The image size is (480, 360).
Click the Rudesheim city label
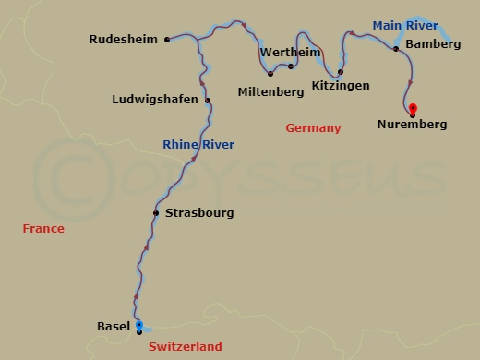click(124, 40)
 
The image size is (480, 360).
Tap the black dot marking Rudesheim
click(166, 40)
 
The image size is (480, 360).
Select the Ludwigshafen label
click(155, 100)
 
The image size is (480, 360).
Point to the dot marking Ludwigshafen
click(208, 101)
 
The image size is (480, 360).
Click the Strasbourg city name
click(199, 213)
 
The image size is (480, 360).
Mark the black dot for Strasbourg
click(156, 213)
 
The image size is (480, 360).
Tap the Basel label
click(113, 326)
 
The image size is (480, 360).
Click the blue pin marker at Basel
click(138, 326)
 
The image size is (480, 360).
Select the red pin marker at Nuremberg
click(413, 109)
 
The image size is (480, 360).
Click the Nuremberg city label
click(413, 125)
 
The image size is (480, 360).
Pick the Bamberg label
click(433, 44)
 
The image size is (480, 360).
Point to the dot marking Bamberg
click(396, 48)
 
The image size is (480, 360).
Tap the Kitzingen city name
click(341, 86)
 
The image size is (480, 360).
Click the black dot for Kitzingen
click(341, 72)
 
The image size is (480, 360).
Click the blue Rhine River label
click(198, 145)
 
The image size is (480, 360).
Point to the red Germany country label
click(313, 128)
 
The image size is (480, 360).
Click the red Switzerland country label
click(185, 346)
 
